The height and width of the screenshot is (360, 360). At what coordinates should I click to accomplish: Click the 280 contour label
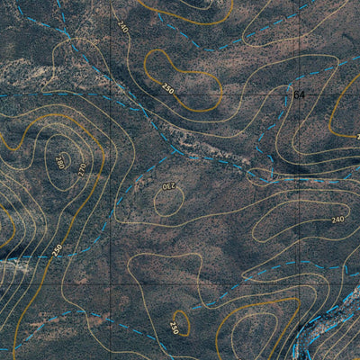(59, 162)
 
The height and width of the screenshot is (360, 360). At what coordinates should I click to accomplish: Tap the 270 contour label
(81, 167)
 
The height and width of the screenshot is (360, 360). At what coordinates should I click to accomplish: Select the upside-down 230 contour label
(168, 185)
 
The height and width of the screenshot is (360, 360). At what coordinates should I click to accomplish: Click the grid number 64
(299, 94)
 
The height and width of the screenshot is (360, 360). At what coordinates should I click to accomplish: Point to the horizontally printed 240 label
(338, 220)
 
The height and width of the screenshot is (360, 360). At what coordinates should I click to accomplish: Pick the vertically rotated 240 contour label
(122, 28)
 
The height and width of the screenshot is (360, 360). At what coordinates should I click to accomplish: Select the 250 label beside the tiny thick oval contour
(174, 327)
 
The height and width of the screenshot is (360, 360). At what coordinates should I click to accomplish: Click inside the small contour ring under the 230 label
(168, 202)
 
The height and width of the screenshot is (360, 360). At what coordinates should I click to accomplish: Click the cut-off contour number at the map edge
(356, 136)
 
